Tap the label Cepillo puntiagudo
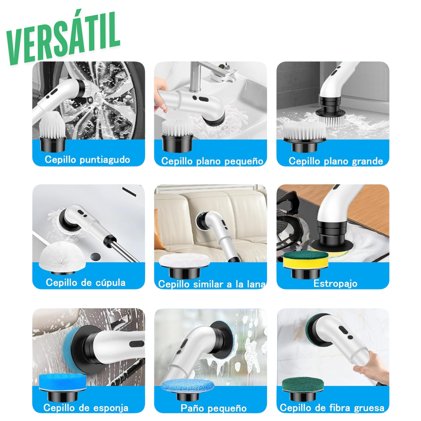87,159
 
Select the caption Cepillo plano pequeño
212,161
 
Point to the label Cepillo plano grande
336,161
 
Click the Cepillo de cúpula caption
86,283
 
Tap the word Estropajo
335,283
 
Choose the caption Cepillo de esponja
86,408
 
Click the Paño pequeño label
214,408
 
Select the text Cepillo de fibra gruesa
332,408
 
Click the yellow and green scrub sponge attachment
306,260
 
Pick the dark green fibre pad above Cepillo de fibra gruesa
305,385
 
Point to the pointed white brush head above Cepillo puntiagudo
53,125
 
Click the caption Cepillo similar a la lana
212,284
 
